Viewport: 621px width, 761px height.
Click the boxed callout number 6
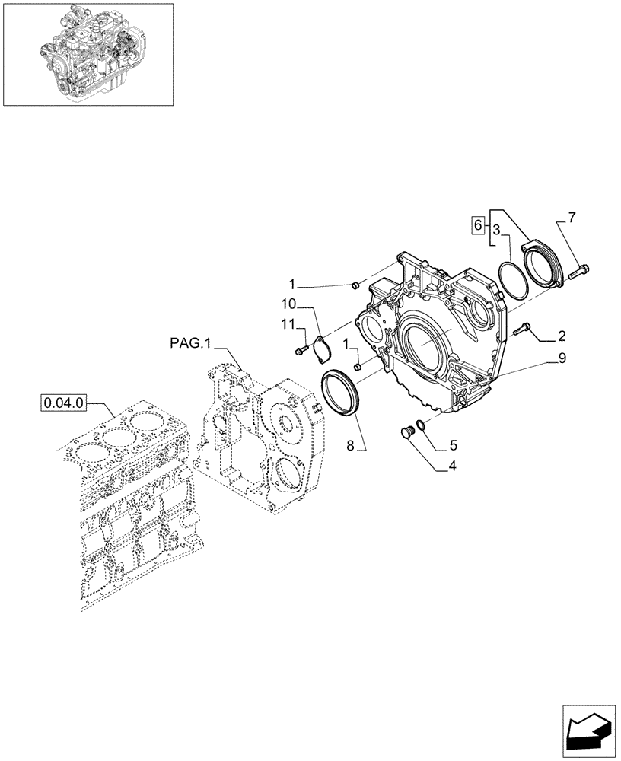click(x=478, y=225)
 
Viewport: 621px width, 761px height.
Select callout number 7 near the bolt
click(x=571, y=218)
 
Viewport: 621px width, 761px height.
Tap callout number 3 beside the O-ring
click(x=495, y=229)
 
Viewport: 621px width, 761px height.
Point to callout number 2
click(x=561, y=335)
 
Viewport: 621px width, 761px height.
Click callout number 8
click(x=352, y=447)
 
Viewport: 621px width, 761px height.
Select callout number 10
click(x=289, y=303)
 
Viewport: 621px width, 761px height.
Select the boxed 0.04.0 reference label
click(x=64, y=400)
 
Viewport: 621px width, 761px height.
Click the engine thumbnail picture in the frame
click(x=88, y=53)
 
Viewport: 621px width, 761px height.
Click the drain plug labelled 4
click(x=406, y=433)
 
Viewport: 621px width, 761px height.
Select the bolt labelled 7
click(x=582, y=269)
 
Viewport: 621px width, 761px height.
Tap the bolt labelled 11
click(x=300, y=349)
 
